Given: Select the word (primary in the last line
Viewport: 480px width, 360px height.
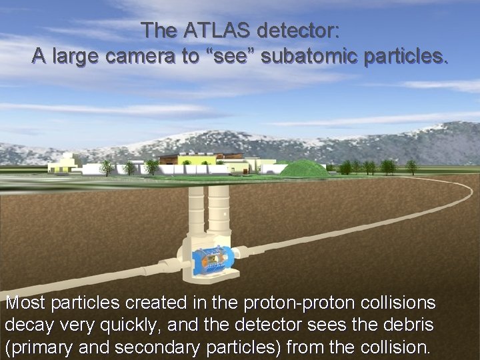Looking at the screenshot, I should [x=35, y=347].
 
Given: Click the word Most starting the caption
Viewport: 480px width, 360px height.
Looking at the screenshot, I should [x=25, y=303].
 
